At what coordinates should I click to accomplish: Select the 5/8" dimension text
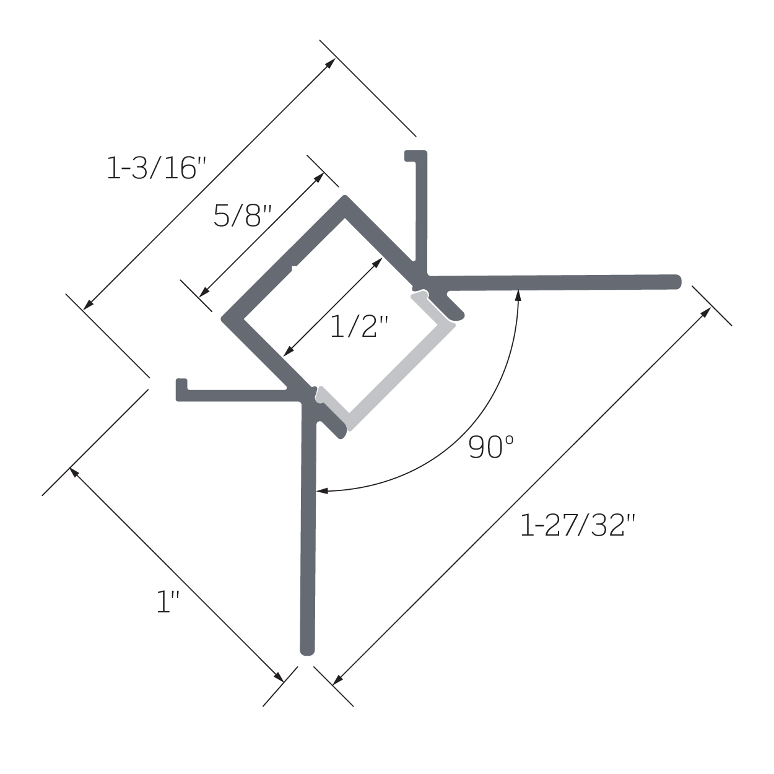click(x=243, y=215)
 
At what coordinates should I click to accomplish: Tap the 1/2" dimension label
click(x=359, y=326)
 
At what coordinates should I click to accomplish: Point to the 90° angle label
click(x=491, y=447)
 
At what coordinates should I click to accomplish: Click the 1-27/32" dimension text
click(x=578, y=525)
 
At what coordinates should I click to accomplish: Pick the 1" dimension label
click(x=167, y=602)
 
